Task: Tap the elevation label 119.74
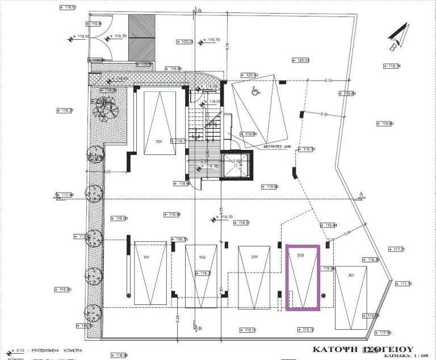[x=392, y=66]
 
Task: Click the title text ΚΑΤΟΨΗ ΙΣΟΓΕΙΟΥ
[x=363, y=349]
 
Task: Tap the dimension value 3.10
[x=324, y=114]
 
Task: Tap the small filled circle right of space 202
[x=324, y=295]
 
